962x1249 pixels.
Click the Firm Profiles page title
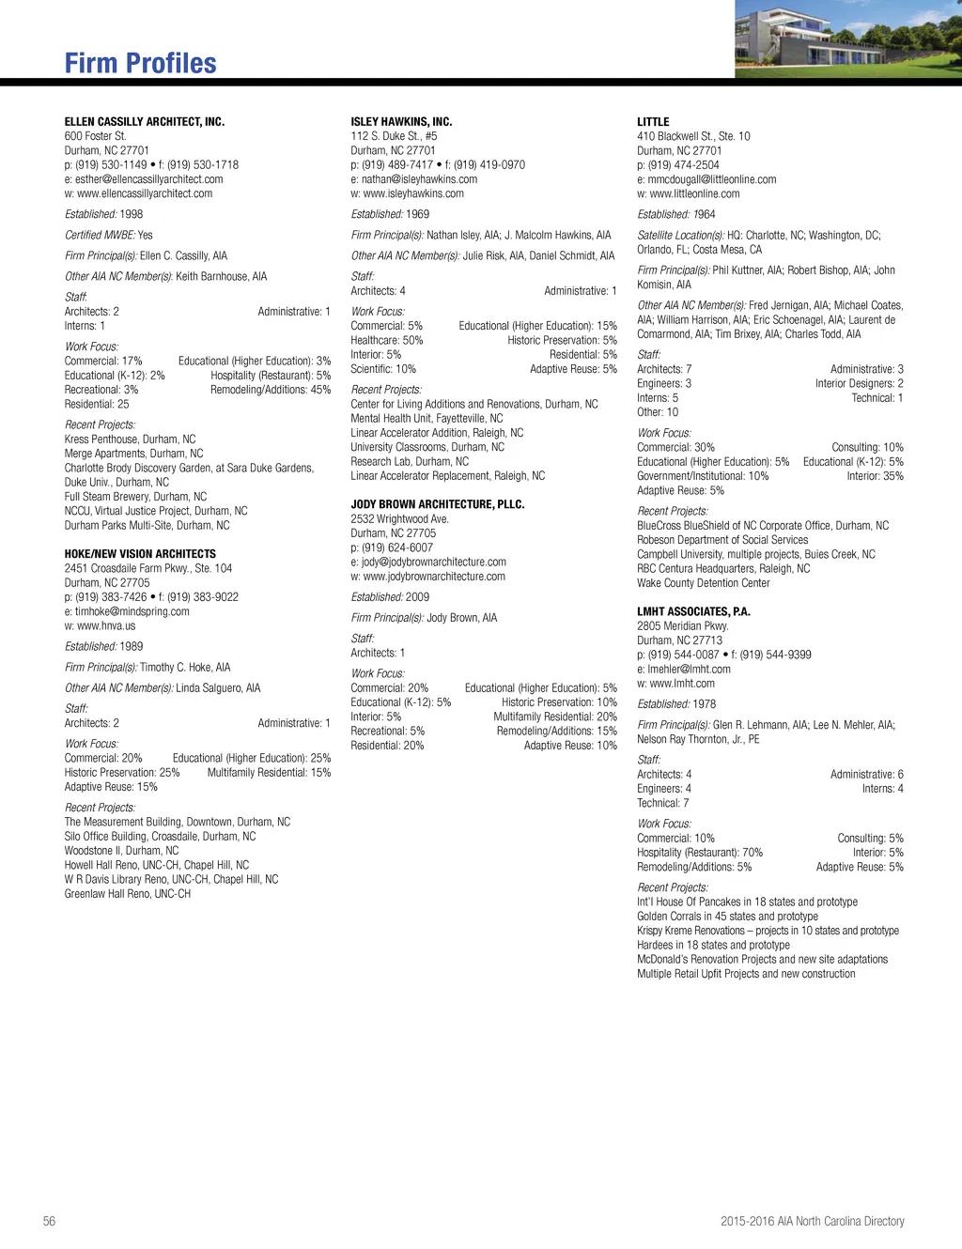tap(141, 63)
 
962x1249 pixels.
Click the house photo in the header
tap(847, 39)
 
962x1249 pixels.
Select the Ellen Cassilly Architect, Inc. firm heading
tap(145, 122)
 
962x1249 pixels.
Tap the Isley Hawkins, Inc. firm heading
tap(401, 122)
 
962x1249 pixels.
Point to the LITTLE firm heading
tap(653, 122)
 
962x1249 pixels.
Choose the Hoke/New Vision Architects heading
tap(140, 554)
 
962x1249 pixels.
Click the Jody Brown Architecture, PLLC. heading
tap(437, 504)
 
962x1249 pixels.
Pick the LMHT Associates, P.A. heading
tap(693, 611)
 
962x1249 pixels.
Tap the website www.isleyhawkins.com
tap(412, 193)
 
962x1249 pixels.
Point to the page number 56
tap(49, 1221)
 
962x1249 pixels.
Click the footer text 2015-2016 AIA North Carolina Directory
tap(812, 1221)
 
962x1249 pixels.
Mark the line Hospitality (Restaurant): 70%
tap(700, 853)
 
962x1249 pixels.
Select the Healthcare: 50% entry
tap(387, 340)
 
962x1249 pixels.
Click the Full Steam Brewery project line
tap(135, 497)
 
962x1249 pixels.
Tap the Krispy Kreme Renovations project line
tap(768, 931)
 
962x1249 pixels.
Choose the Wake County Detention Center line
tap(704, 583)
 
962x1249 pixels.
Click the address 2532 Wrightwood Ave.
tap(399, 518)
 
